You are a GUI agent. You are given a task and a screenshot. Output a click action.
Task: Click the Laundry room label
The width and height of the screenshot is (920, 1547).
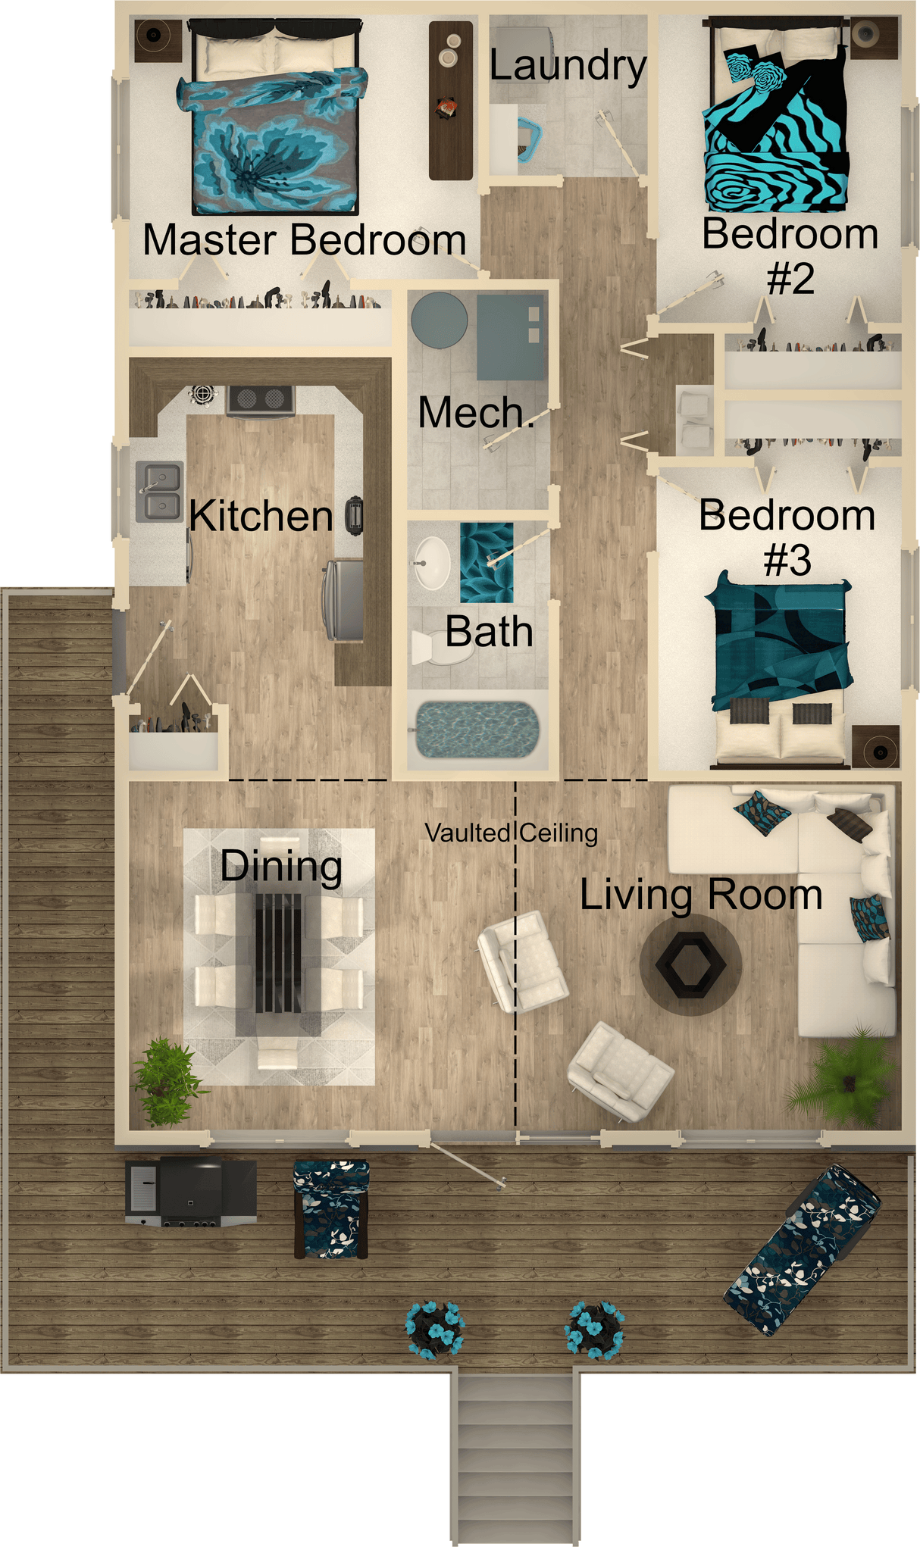tap(568, 66)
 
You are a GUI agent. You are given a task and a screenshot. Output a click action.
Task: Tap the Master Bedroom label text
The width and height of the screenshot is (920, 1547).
tap(304, 240)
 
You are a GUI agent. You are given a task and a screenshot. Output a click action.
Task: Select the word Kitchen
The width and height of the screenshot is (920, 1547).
tap(261, 517)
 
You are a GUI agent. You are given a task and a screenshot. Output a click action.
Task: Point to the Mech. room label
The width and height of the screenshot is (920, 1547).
tap(476, 414)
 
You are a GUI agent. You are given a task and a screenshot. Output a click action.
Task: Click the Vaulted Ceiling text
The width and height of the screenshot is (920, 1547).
tap(511, 833)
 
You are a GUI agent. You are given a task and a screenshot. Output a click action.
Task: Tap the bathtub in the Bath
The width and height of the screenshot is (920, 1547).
tap(478, 730)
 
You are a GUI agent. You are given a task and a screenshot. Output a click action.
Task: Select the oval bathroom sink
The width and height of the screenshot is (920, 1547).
tap(433, 563)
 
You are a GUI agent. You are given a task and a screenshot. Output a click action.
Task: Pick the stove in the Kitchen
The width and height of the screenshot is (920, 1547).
tap(261, 401)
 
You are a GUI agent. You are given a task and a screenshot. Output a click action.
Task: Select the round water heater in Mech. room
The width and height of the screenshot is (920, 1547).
tap(440, 320)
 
